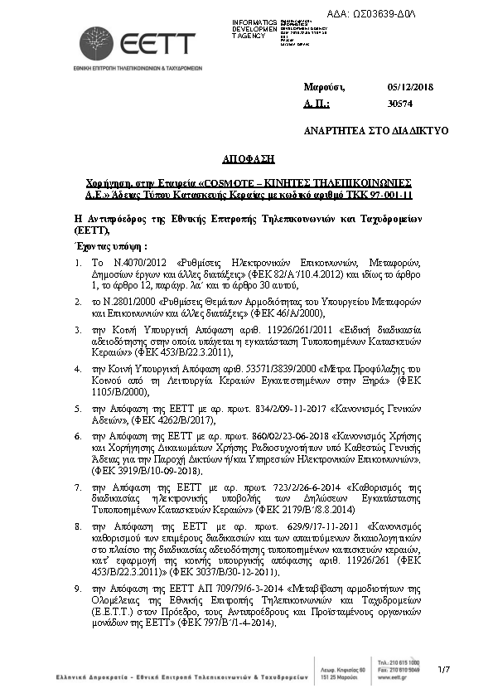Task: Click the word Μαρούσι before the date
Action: point(323,87)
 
